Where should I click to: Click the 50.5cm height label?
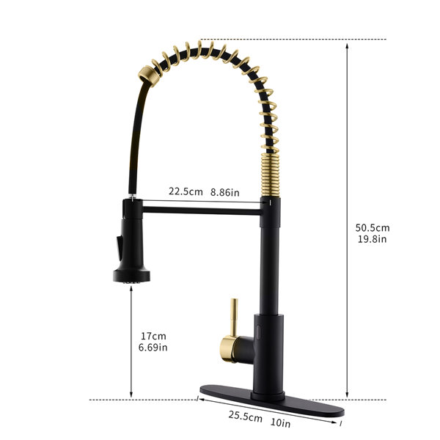(x=373, y=227)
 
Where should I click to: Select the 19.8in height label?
(x=372, y=239)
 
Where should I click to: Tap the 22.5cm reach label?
(x=186, y=191)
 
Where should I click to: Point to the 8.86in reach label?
(x=225, y=192)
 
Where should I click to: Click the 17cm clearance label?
(x=153, y=336)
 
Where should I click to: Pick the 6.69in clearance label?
(x=153, y=348)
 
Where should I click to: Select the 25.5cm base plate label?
(x=245, y=417)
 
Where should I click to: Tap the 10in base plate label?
(x=280, y=422)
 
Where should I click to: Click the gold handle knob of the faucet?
(x=227, y=349)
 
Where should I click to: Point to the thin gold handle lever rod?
(x=234, y=318)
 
